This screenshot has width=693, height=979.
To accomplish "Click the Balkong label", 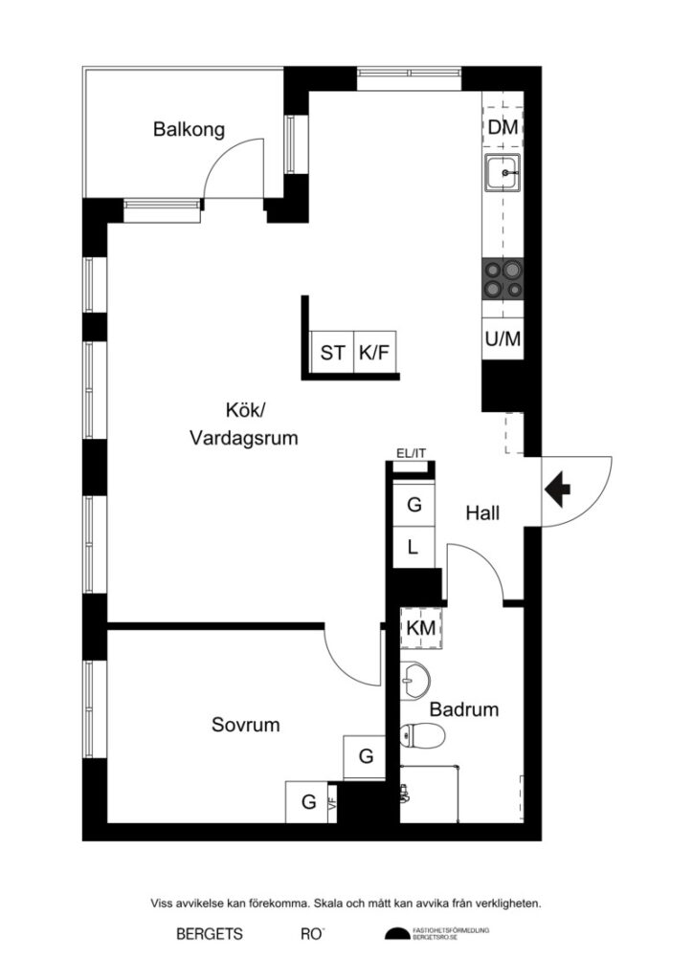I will (x=189, y=130).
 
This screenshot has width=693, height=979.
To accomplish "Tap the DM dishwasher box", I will (x=503, y=127).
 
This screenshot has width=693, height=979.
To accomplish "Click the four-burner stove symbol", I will (x=503, y=279).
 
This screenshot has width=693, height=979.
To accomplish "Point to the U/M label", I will (x=503, y=338).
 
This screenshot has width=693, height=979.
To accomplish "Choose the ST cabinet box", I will (x=332, y=353).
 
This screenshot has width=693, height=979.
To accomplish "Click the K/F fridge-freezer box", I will (x=375, y=353).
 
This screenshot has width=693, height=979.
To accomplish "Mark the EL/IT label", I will (x=413, y=454).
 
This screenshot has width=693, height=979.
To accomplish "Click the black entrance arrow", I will (x=557, y=490).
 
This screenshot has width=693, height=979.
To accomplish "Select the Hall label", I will (x=482, y=513).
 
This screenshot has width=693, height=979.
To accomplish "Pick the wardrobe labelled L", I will (x=414, y=548).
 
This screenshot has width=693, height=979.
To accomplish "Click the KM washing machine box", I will (x=421, y=628).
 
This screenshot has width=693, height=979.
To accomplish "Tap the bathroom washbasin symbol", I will (x=415, y=680).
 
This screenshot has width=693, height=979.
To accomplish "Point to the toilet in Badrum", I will (x=422, y=736).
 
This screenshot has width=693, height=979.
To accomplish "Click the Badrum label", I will (x=464, y=710).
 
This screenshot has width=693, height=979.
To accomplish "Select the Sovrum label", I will (x=246, y=726).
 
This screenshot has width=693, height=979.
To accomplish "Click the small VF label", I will (x=333, y=803).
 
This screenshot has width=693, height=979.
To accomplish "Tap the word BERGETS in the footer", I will (x=209, y=934).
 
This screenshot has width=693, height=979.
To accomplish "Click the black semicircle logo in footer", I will (x=396, y=934).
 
